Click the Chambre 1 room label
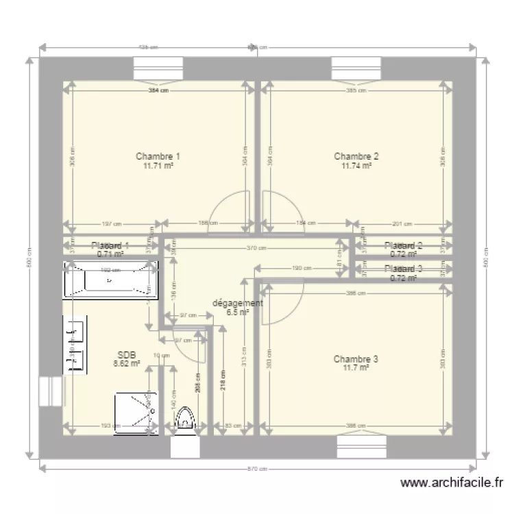pos(158,156)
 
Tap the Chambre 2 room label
pos(356,156)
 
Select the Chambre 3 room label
pos(356,359)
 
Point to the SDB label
pos(127,355)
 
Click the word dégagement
pos(237,303)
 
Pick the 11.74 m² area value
pos(356,165)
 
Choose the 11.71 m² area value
pos(158,165)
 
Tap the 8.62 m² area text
pos(127,364)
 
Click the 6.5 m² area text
pos(237,312)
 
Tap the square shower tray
pos(136,413)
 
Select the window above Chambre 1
pos(158,69)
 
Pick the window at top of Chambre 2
pos(356,69)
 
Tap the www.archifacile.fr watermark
pos(451,483)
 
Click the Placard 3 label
pos(404,269)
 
